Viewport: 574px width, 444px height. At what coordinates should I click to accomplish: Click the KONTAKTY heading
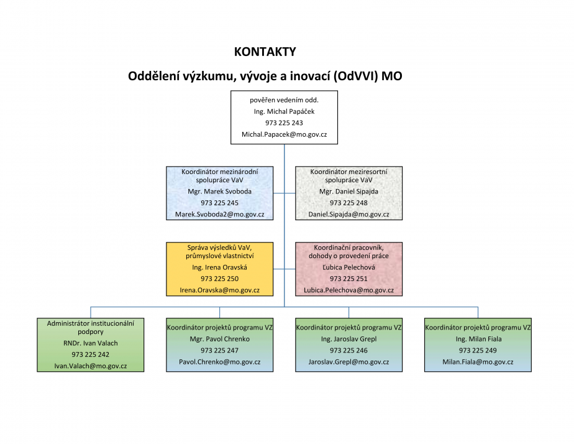click(265, 52)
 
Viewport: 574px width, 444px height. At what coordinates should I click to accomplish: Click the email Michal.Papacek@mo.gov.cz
click(284, 134)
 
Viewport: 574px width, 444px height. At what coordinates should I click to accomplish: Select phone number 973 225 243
click(284, 123)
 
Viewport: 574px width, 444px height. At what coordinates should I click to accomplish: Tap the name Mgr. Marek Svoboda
click(220, 192)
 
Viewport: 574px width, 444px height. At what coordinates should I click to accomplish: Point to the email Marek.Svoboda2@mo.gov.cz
click(220, 215)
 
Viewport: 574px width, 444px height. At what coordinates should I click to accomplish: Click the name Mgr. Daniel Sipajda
click(349, 192)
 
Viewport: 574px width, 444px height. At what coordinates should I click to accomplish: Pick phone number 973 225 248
click(349, 203)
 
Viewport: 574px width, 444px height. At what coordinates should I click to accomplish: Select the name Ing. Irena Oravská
click(220, 267)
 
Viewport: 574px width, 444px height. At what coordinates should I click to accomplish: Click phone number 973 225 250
click(220, 279)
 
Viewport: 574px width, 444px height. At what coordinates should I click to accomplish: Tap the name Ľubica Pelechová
click(349, 267)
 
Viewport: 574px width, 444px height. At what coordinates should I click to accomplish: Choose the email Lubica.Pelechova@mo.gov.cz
click(349, 290)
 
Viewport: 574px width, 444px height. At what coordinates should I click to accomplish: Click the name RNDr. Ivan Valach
click(91, 343)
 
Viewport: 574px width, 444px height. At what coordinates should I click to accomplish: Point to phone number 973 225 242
click(91, 354)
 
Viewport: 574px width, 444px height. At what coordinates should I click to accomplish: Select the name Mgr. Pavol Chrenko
click(220, 339)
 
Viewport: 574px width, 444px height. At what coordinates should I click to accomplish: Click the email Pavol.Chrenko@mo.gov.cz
click(220, 362)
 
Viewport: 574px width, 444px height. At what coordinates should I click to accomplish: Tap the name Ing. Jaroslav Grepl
click(349, 339)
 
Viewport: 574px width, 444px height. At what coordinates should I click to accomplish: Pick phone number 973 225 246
click(349, 351)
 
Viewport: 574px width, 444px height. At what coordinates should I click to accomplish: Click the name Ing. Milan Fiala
click(478, 339)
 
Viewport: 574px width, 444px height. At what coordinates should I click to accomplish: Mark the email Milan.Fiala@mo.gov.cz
click(478, 362)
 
